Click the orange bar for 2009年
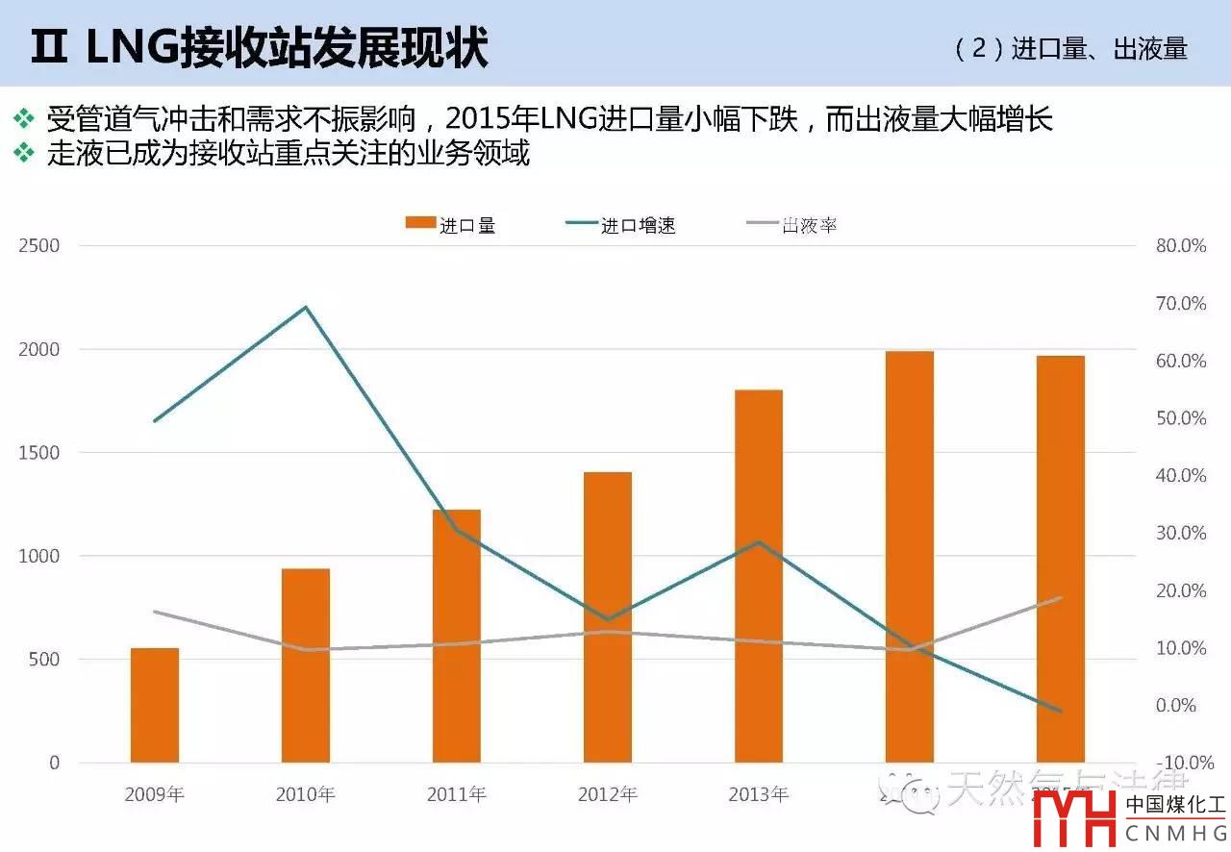point(155,705)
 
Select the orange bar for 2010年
point(306,665)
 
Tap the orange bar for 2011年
point(457,636)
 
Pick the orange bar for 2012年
point(608,617)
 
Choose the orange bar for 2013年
point(759,576)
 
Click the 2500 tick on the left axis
point(39,246)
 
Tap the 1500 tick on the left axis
point(39,453)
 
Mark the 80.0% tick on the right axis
point(1181,246)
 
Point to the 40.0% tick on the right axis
point(1181,476)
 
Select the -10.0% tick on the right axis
point(1179,763)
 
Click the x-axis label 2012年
point(608,794)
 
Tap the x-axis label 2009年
point(155,794)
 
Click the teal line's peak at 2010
point(306,308)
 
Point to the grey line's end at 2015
point(1061,598)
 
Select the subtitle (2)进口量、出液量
point(1071,49)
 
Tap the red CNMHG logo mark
point(1074,820)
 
